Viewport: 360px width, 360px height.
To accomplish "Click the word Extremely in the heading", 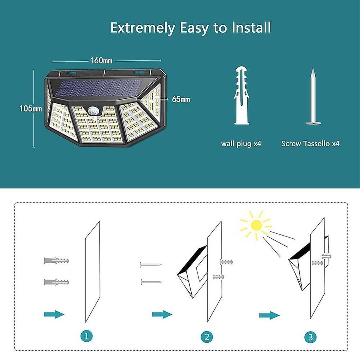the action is [x=142, y=28].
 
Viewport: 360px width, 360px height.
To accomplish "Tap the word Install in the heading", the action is [x=251, y=27].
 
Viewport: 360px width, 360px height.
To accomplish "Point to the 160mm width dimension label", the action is [x=101, y=60].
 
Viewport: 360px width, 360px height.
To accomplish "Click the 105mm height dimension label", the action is [x=30, y=108].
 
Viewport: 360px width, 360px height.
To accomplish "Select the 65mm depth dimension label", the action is [x=181, y=99].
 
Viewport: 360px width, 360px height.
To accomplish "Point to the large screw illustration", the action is [x=313, y=96].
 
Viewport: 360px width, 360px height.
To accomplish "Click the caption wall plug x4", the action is [x=241, y=144].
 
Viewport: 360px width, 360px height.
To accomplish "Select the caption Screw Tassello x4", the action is [x=310, y=144].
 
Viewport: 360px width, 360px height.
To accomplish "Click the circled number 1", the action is [x=86, y=336].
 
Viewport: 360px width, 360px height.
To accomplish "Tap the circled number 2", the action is [x=207, y=337].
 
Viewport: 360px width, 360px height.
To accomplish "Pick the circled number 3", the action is [x=310, y=337].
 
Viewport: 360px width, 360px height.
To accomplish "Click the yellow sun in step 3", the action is [x=256, y=226].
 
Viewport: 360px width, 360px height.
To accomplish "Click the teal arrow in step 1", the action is [x=54, y=314].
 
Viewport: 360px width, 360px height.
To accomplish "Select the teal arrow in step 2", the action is [x=162, y=314].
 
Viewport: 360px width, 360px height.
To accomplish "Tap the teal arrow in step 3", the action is [x=270, y=315].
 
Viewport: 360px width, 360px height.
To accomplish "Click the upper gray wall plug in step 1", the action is [x=56, y=261].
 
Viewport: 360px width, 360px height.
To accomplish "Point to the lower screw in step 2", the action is [x=152, y=282].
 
